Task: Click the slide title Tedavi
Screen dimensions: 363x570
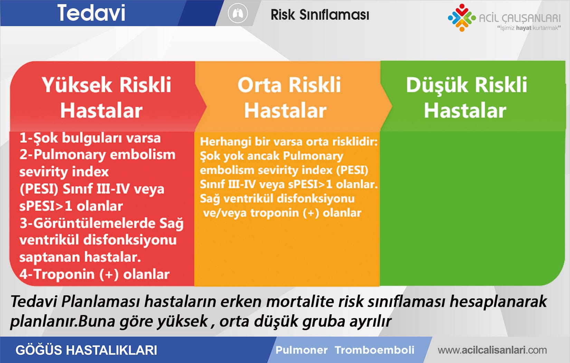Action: [x=91, y=13]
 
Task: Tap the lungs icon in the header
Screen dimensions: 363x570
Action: [x=238, y=14]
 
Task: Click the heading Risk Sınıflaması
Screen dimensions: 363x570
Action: [x=320, y=15]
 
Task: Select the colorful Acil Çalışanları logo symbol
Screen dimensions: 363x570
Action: [x=461, y=17]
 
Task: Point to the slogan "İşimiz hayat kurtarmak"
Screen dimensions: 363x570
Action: [x=529, y=28]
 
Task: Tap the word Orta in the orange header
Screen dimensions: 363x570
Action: [x=259, y=85]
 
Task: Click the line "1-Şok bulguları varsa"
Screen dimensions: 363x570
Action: [x=90, y=138]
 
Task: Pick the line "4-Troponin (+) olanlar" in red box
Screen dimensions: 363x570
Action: [x=94, y=274]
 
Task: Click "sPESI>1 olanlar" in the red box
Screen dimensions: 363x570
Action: [x=71, y=206]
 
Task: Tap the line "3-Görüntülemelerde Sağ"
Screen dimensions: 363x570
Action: [x=101, y=223]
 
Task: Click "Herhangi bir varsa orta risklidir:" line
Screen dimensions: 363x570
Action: [x=288, y=142]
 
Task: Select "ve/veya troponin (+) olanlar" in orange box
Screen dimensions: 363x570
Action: [x=282, y=213]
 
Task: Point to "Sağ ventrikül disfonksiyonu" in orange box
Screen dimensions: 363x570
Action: [x=277, y=199]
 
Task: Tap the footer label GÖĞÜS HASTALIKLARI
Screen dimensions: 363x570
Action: [x=86, y=350]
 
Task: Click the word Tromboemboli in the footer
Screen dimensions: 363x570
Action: [x=374, y=350]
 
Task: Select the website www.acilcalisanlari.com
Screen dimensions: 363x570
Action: [x=492, y=350]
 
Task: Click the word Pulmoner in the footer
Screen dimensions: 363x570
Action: [x=302, y=350]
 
